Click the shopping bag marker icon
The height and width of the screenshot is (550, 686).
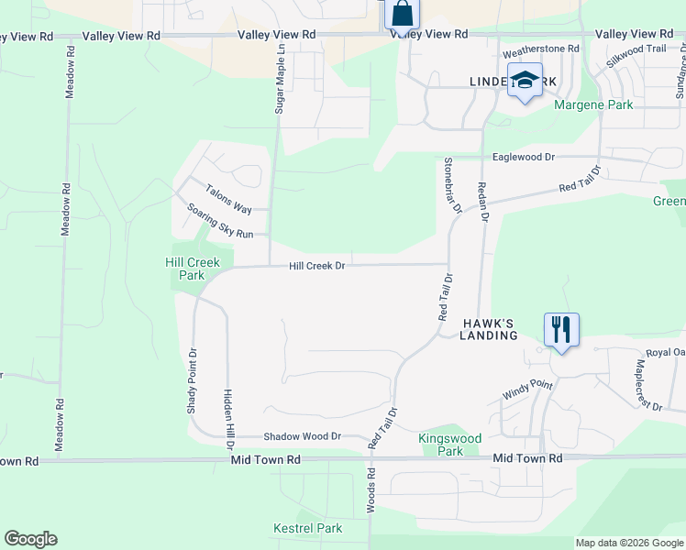pos(402,15)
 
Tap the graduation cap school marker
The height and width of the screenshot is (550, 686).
pos(526,82)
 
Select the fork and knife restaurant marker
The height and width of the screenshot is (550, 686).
pos(560,329)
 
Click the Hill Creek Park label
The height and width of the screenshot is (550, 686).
pos(193,269)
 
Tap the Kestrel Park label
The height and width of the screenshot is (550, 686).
pos(307,528)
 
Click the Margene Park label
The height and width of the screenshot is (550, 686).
pos(593,105)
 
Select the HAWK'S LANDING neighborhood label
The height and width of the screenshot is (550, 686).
pos(489,330)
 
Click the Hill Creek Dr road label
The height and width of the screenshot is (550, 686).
pos(316,266)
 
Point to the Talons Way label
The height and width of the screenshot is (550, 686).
pos(228,196)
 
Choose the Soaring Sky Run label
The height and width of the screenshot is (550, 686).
pos(219,221)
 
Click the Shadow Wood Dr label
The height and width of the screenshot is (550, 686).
pos(302,437)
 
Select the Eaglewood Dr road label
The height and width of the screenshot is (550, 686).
pos(524,157)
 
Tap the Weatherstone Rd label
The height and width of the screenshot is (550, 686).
pos(541,48)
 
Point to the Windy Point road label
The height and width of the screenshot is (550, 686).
pos(527,389)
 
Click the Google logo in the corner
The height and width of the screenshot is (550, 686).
pos(30,539)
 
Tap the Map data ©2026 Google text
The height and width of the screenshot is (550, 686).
pos(629,543)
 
